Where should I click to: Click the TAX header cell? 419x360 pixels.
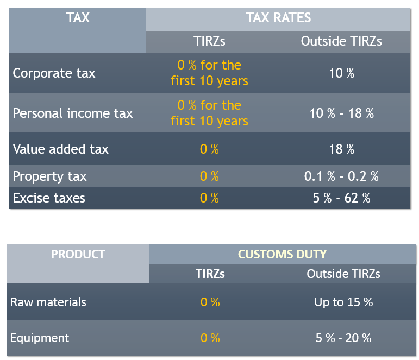[x=78, y=18]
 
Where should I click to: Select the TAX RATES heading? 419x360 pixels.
[x=278, y=18]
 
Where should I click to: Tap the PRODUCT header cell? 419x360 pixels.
[x=78, y=254]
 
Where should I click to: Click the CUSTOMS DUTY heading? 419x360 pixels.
[x=282, y=254]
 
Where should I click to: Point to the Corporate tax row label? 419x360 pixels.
[x=54, y=73]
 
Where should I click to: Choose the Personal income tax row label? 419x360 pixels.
[x=72, y=113]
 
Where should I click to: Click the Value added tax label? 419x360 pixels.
[x=60, y=149]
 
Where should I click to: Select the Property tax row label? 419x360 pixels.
[x=49, y=176]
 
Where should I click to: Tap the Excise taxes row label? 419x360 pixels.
[x=49, y=198]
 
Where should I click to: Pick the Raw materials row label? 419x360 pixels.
[x=48, y=302]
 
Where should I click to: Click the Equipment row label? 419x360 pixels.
[x=40, y=338]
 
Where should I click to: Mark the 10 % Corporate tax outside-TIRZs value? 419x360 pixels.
[x=341, y=73]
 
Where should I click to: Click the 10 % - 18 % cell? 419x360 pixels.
[x=341, y=113]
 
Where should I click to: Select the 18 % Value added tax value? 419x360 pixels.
[x=341, y=149]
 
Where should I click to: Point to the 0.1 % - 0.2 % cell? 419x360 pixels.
[x=341, y=176]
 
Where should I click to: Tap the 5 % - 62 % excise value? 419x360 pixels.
[x=341, y=198]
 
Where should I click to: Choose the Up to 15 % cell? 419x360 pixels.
[x=343, y=302]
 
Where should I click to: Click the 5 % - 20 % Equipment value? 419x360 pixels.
[x=343, y=338]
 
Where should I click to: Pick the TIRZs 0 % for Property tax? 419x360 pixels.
[x=209, y=176]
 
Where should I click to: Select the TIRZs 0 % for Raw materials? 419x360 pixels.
[x=210, y=302]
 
